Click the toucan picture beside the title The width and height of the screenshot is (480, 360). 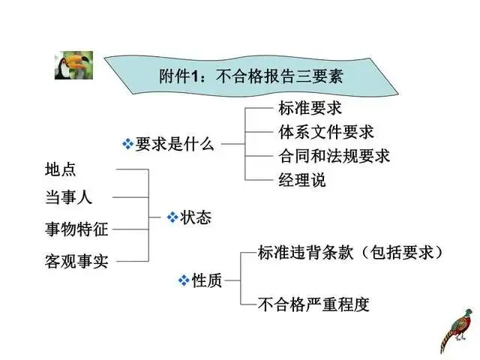point(73,65)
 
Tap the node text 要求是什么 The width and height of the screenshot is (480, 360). point(174,144)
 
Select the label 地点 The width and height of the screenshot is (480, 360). point(61,170)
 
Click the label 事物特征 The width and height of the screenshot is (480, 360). point(76,229)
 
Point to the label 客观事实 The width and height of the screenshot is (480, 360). point(76,261)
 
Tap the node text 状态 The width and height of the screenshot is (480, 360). point(196,217)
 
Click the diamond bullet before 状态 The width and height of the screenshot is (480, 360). point(172,217)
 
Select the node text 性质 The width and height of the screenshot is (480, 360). point(208,281)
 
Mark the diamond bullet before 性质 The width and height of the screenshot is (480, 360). point(184,281)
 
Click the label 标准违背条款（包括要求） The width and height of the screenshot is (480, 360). point(349,252)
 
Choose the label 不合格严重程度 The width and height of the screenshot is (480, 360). point(313,304)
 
